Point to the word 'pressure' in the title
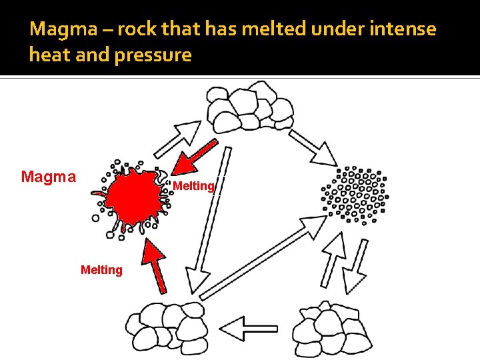tap(155, 55)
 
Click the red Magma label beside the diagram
tap(48, 177)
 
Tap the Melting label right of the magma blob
tap(193, 187)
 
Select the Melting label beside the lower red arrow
tap(101, 270)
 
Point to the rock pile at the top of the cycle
tap(249, 110)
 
